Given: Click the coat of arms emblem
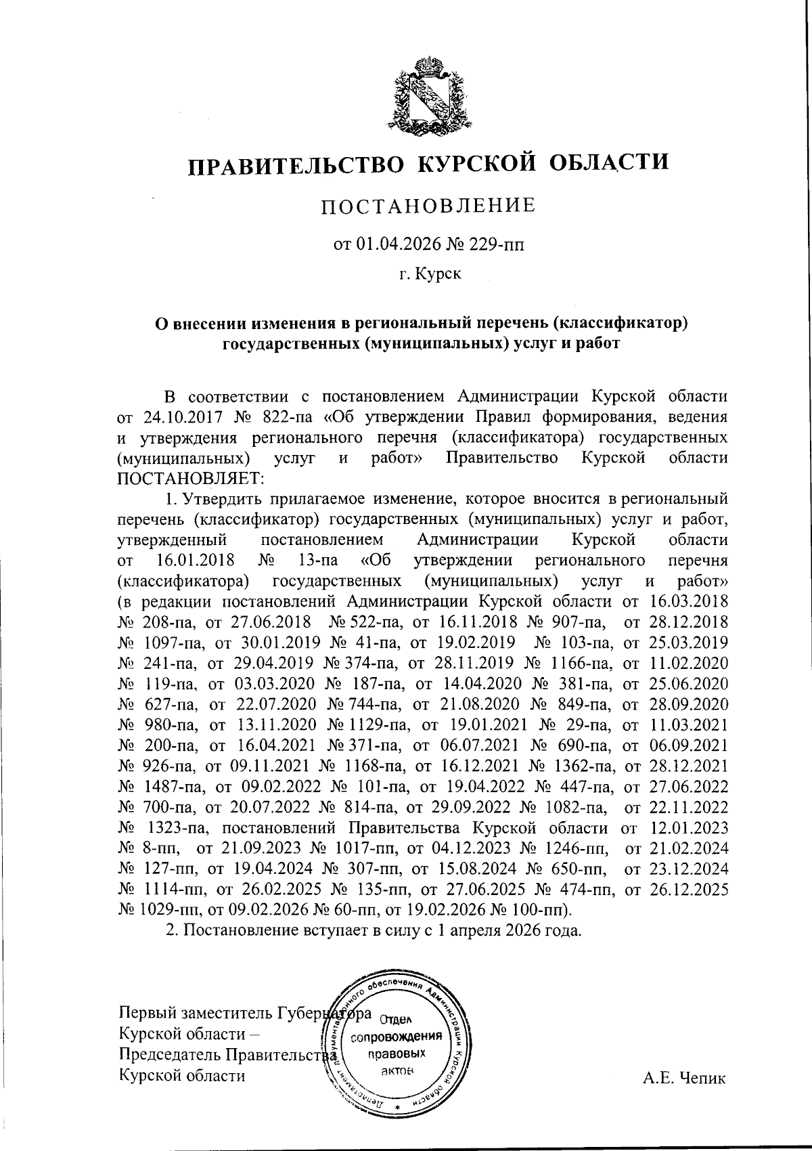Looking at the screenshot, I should pos(428,94).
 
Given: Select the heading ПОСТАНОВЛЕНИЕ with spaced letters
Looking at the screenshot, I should pos(427,205).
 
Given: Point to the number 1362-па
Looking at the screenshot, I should pos(584,766).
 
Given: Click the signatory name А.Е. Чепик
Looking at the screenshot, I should pos(684,1078).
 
